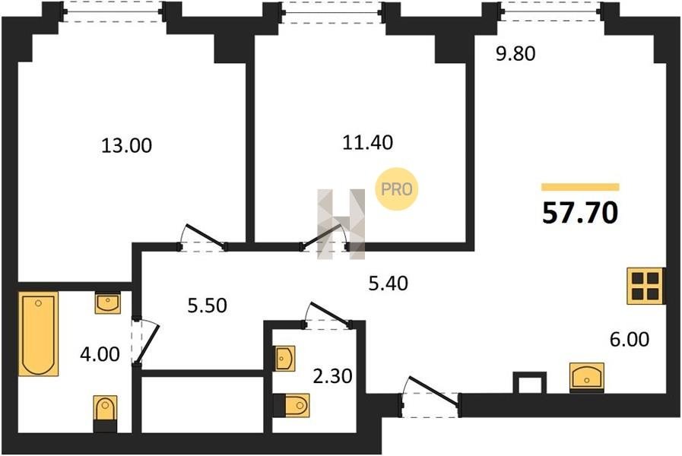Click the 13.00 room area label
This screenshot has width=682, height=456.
coord(126,145)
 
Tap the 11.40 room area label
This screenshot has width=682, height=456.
coord(367,142)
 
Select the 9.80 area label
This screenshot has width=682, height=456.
coord(515,54)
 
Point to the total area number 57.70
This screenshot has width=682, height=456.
coord(580,213)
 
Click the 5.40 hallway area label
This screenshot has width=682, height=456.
coord(388,283)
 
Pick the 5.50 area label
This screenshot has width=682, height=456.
coord(207,306)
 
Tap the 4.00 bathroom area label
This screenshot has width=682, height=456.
coord(100,354)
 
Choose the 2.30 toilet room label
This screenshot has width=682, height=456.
coord(332,376)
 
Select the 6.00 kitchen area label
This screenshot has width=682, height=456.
coord(630,339)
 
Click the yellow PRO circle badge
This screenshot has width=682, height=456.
coord(397,189)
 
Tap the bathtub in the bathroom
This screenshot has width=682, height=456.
coord(38,334)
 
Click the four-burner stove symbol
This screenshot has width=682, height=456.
coord(646,286)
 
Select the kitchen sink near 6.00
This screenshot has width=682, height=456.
coord(587,377)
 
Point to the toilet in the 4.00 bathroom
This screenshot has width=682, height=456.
coord(105,413)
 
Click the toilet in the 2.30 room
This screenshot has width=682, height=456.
coord(291,406)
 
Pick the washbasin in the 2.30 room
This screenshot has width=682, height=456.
coord(284,358)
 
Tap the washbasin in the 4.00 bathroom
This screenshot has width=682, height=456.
coord(107,302)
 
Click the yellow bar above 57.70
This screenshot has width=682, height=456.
coord(580,188)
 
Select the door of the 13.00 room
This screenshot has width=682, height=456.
coord(204,242)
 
